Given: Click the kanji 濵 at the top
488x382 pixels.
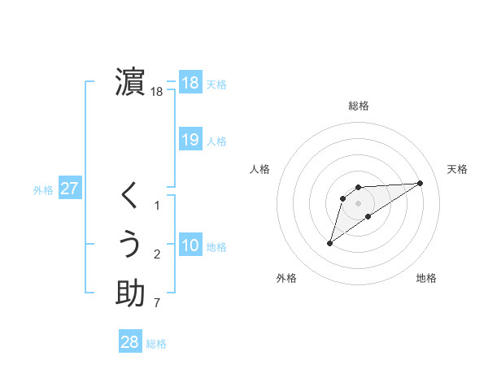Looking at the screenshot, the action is [130, 82].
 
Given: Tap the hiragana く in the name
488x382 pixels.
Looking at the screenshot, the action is [130, 196].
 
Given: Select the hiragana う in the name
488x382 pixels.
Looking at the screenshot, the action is [130, 245].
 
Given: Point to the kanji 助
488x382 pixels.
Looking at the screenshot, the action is [130, 293].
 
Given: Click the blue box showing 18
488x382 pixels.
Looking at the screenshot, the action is [190, 82].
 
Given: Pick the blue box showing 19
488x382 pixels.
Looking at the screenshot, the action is [190, 139].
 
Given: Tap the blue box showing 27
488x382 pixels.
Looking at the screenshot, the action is [70, 189].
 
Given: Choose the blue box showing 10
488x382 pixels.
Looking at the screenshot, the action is [190, 245].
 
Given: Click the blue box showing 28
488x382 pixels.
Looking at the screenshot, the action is [130, 342].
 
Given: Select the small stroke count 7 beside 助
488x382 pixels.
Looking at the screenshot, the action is [157, 304].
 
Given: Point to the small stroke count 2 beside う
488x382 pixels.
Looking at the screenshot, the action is [157, 255].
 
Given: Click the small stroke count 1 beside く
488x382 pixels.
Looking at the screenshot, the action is [157, 206].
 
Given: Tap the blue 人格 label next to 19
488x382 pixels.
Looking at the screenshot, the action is [216, 141].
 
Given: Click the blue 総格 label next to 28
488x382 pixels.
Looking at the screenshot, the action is [156, 344].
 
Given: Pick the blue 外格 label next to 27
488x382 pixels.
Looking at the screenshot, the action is [43, 190].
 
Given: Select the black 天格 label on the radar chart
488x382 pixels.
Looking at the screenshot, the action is [457, 169].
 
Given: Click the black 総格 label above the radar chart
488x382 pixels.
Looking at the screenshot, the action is [358, 106].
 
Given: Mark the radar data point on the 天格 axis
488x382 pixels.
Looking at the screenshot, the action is [420, 182].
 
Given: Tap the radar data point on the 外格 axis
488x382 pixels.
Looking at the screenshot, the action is [329, 243].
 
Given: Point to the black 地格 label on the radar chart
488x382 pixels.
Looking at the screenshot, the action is [426, 279].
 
